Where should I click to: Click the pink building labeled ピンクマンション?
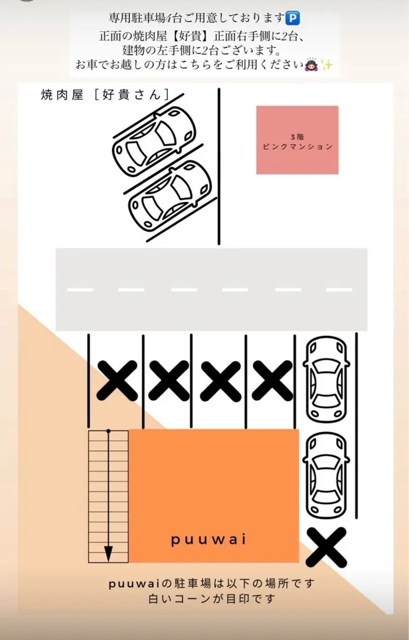(x=297, y=140)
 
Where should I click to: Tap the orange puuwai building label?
(x=208, y=540)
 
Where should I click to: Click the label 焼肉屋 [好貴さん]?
(x=104, y=94)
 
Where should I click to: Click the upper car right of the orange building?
(x=326, y=379)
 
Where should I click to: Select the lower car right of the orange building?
(x=326, y=474)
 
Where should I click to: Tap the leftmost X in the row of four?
(x=117, y=380)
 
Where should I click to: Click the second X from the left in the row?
(x=169, y=380)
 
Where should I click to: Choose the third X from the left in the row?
(x=221, y=380)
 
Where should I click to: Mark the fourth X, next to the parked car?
(x=272, y=380)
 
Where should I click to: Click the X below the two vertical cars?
(x=326, y=547)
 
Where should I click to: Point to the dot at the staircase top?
(x=109, y=431)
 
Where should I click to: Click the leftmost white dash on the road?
(x=80, y=289)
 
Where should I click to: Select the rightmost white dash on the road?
(x=339, y=289)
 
